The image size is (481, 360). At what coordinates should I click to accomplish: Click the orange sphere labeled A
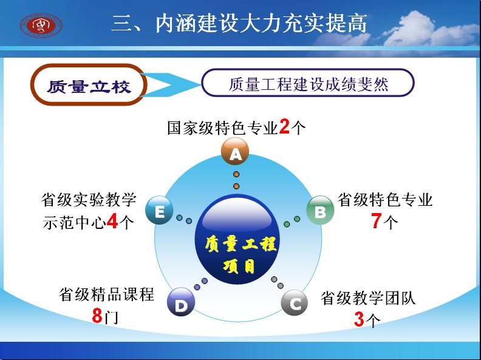point(235,152)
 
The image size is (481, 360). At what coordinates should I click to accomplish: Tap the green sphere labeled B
point(320,211)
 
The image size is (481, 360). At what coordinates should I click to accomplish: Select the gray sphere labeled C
point(295,303)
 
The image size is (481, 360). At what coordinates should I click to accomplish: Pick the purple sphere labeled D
point(181,302)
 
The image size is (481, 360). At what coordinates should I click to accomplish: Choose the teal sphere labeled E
point(159,211)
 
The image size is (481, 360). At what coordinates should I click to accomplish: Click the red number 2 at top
point(284,126)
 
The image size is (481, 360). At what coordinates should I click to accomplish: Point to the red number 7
point(377,220)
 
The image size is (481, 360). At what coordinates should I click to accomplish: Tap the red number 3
point(359,319)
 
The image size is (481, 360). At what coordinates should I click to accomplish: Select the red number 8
point(97,316)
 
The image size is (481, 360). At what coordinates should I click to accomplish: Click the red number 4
point(112,221)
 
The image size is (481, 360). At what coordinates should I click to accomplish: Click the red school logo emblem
point(41,25)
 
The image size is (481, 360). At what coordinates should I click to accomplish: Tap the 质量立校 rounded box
point(89,84)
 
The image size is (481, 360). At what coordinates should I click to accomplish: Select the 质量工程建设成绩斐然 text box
point(308,83)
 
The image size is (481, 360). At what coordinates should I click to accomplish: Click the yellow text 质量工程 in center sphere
point(241,244)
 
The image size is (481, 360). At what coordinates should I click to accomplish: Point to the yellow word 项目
point(239,266)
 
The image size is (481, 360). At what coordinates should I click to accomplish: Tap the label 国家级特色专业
point(223,127)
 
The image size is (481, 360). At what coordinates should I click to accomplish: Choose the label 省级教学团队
point(368,297)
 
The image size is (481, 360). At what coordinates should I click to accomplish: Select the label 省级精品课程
point(106,294)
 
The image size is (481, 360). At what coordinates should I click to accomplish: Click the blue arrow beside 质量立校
point(171,85)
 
